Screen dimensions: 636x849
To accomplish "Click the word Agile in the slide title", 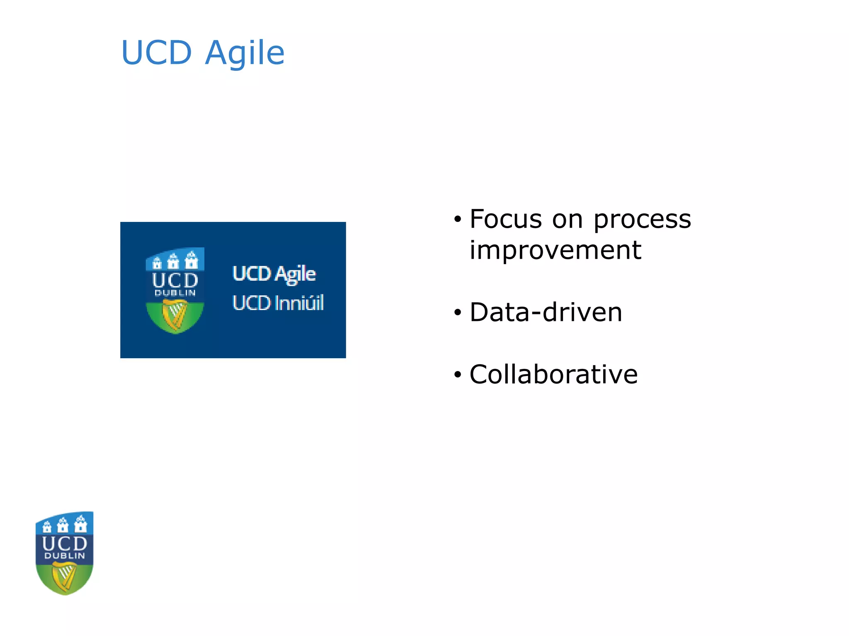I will click(245, 54).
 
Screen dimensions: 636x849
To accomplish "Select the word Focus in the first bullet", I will click(505, 219).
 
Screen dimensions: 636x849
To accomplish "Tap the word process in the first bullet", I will click(642, 220).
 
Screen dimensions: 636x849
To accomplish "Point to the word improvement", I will click(555, 251).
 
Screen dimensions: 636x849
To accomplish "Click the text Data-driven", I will click(546, 312).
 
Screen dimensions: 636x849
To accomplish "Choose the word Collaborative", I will click(553, 374).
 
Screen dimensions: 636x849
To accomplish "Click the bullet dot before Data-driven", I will click(457, 313).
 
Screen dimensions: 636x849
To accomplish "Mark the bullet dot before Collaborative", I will click(457, 375).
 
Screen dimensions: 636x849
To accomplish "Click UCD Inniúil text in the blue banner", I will click(278, 303).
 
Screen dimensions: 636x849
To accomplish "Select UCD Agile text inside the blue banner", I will click(274, 274).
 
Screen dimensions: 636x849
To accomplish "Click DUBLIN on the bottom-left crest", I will click(65, 556).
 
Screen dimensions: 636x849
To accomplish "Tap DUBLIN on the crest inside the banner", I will click(175, 293).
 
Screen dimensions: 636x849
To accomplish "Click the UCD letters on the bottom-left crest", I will click(65, 543).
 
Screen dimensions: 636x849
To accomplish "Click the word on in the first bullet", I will click(567, 220).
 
